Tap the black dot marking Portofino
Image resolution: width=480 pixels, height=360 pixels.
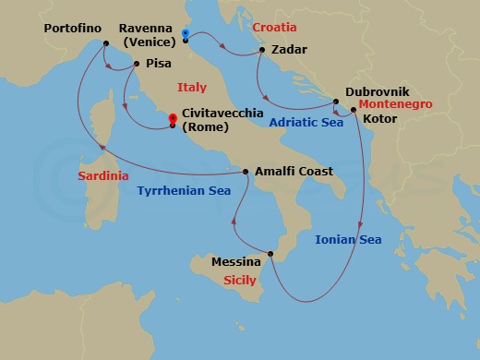tap(105, 44)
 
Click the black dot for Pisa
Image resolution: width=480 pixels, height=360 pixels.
tap(136, 64)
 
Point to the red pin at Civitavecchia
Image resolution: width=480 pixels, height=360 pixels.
tap(173, 118)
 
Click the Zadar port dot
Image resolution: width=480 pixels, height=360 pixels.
tap(263, 50)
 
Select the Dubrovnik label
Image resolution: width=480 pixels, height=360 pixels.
tap(378, 92)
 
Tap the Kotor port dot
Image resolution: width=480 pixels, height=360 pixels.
tap(354, 111)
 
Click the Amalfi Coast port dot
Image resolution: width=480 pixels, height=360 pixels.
tap(246, 172)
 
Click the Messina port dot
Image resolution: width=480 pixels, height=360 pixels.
tap(270, 254)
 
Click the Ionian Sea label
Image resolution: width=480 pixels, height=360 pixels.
tap(348, 240)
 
